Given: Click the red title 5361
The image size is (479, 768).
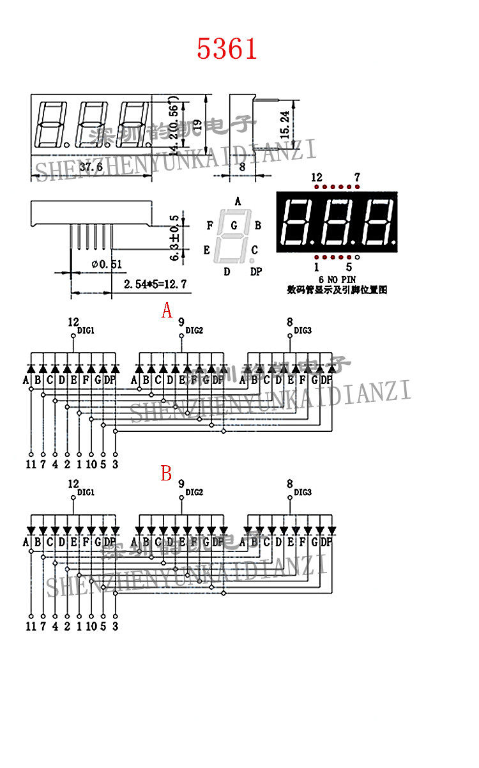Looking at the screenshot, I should [227, 49].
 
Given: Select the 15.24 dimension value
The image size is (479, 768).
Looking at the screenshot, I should [285, 125].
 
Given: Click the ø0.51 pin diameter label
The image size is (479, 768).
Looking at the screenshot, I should [107, 264].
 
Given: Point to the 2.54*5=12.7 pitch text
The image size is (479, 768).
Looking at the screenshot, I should [148, 284].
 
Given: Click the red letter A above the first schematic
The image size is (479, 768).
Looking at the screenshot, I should [167, 311].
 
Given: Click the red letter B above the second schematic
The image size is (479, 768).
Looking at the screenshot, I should [167, 473].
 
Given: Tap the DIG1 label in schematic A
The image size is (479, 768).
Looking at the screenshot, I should [86, 331].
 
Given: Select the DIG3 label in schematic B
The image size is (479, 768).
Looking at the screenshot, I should [303, 493].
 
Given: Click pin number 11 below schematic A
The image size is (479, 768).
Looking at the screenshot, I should [30, 465].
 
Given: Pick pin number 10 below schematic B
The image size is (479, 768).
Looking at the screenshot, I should [91, 626].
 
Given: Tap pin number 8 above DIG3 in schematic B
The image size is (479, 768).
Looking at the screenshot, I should [289, 484].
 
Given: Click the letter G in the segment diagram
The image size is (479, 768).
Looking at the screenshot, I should [234, 225].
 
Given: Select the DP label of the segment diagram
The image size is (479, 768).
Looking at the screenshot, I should [255, 272].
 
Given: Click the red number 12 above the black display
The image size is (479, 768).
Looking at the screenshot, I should [317, 177].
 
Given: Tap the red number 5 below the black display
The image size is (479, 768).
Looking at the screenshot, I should [349, 267].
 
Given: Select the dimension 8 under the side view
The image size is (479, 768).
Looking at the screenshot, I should [242, 167].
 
